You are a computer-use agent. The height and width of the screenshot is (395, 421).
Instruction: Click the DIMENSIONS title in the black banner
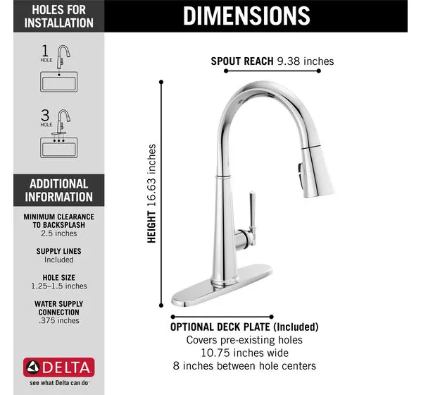coord(246,16)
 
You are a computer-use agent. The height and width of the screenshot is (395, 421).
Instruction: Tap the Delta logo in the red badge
coord(59,367)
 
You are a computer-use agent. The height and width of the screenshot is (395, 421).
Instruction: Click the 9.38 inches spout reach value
coord(306,61)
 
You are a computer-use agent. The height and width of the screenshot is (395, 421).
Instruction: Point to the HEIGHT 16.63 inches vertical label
coord(151,193)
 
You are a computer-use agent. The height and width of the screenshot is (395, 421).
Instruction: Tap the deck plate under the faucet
coord(222,285)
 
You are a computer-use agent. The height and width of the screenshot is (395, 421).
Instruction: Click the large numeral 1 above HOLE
coord(45,51)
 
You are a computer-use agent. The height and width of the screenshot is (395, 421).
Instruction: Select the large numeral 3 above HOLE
coord(45,115)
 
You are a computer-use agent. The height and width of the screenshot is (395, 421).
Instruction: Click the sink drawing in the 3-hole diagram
coord(59,147)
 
